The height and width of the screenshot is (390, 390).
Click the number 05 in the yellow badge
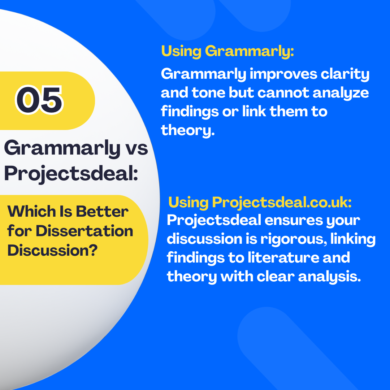pyautogui.click(x=39, y=100)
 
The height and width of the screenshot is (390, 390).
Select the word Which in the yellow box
pyautogui.click(x=32, y=211)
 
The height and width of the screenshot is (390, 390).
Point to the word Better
pyautogui.click(x=102, y=211)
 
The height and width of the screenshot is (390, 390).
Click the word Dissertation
pyautogui.click(x=84, y=231)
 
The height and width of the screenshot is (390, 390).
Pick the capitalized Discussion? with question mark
pyautogui.click(x=52, y=250)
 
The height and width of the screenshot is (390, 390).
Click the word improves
pyautogui.click(x=283, y=74)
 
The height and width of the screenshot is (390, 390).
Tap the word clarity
pyautogui.click(x=345, y=74)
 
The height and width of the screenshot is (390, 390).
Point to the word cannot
pyautogui.click(x=283, y=93)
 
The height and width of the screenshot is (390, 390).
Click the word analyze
pyautogui.click(x=341, y=93)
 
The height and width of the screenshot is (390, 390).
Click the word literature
pyautogui.click(x=283, y=257)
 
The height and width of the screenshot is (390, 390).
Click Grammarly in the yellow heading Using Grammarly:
pyautogui.click(x=250, y=52)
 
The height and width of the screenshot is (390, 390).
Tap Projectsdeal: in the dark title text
pyautogui.click(x=71, y=174)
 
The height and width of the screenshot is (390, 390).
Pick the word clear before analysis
pyautogui.click(x=275, y=277)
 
